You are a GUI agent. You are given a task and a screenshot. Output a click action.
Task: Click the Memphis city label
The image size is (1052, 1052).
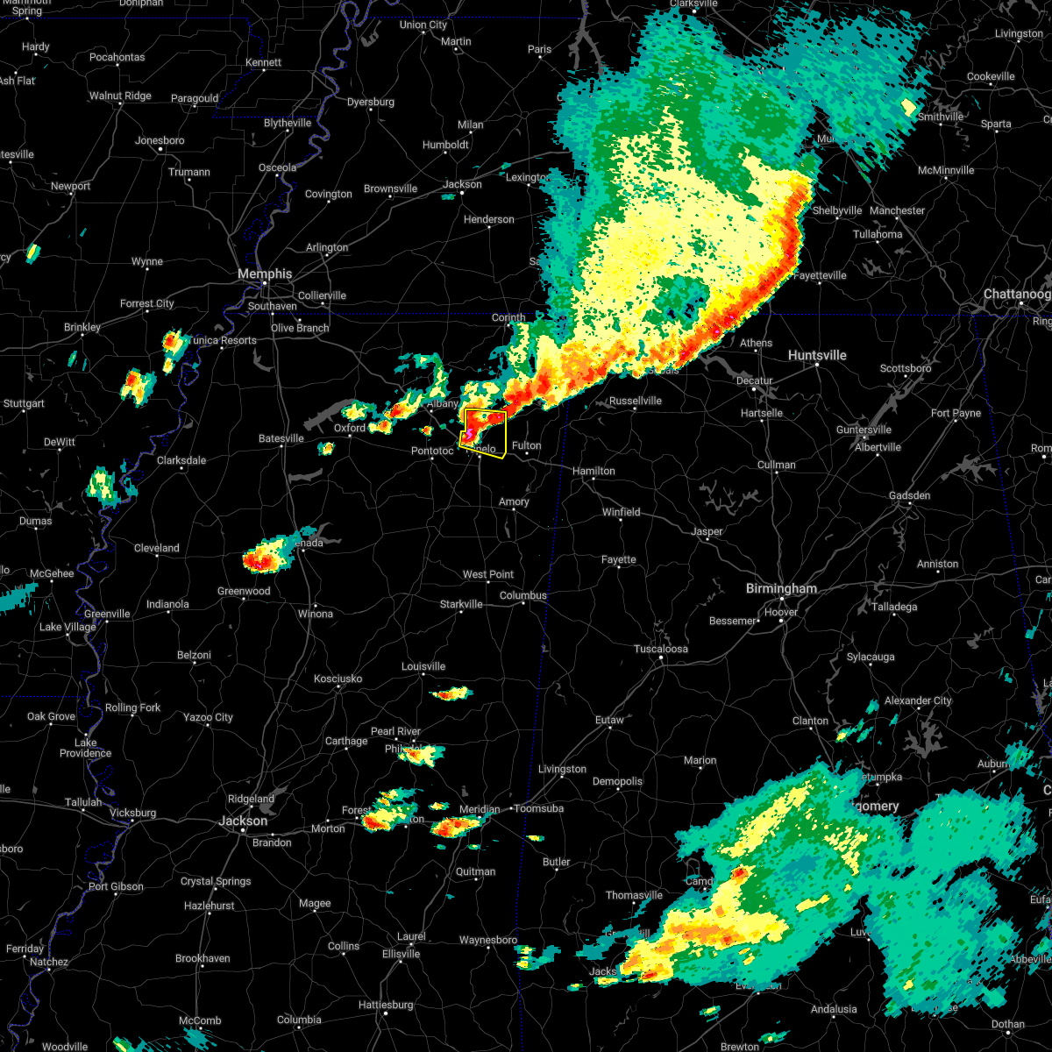tap(265, 274)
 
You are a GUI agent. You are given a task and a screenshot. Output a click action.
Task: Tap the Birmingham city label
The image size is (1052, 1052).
tap(782, 589)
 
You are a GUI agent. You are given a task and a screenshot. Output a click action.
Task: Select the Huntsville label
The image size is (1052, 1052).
tap(817, 355)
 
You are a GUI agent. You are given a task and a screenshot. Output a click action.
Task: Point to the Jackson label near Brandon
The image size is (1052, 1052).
tap(243, 821)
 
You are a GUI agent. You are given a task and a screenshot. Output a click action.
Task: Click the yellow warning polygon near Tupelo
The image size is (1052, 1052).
tap(486, 432)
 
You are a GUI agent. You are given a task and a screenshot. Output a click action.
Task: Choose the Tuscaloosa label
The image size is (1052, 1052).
tap(661, 650)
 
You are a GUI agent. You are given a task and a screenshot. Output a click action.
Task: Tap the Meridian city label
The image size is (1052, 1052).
tap(479, 809)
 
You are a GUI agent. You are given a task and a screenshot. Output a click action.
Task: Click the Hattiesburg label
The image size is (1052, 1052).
tap(386, 1005)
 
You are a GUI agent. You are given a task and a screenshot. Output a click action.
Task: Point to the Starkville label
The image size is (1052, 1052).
tap(461, 604)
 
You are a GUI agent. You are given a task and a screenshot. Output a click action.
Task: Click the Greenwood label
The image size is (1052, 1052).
tap(244, 592)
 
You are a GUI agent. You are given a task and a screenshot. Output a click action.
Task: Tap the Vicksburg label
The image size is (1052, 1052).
tap(133, 813)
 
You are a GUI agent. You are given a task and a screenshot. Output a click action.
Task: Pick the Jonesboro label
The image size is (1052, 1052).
tap(160, 140)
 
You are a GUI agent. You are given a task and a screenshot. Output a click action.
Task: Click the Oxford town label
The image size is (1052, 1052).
tap(350, 428)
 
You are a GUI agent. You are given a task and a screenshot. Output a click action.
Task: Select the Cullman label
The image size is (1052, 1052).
tap(777, 465)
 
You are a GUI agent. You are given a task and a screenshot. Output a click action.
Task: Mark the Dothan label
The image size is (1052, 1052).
tap(1008, 1024)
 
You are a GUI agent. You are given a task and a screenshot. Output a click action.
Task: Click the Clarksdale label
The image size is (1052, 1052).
tap(181, 460)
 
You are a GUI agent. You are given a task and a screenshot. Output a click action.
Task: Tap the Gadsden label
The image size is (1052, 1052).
tap(909, 496)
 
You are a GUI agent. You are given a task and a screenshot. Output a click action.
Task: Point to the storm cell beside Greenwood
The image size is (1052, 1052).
tap(265, 556)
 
